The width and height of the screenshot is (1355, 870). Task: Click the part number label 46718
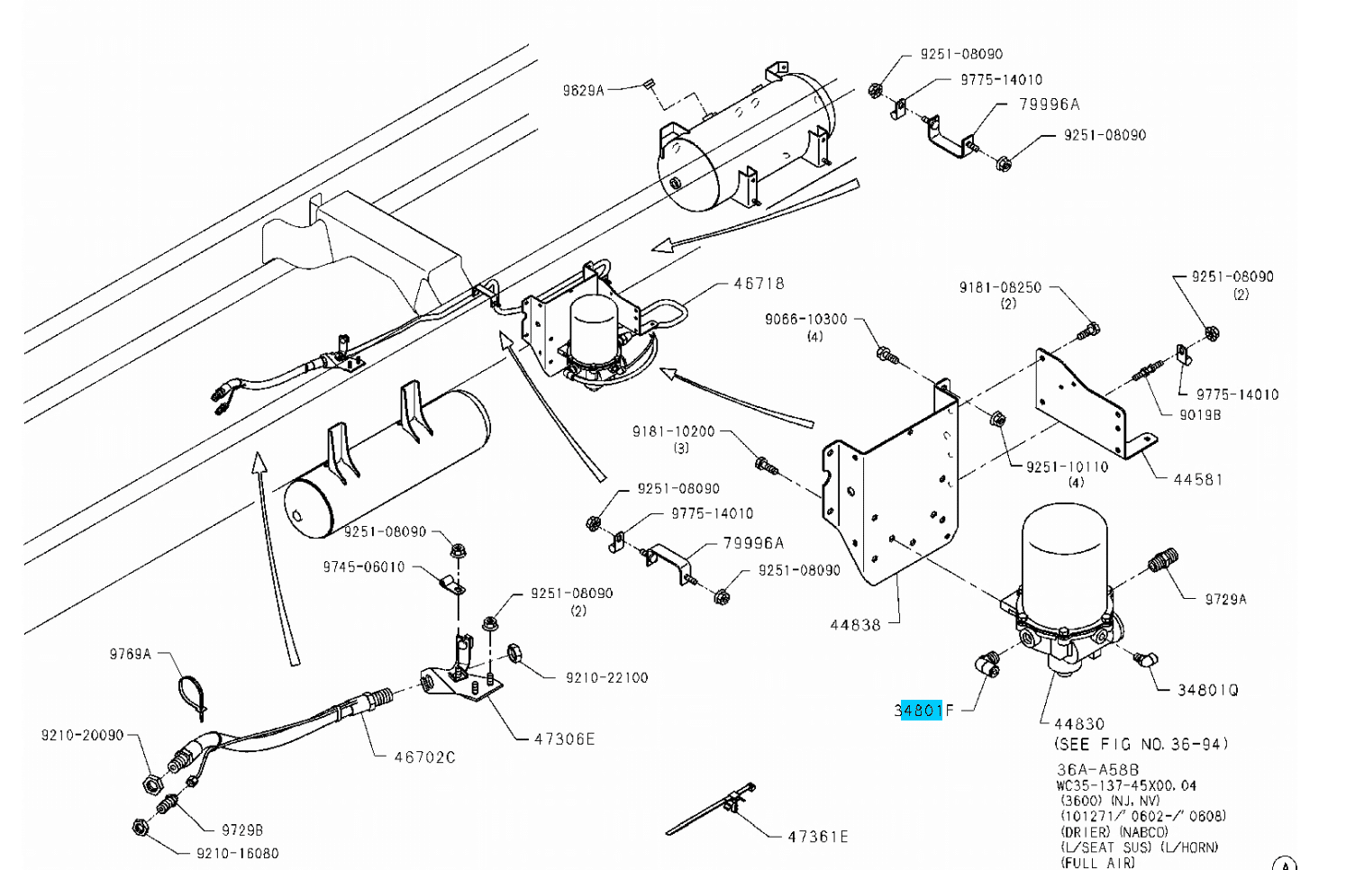coord(759,284)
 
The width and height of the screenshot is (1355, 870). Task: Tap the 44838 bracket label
coord(855,624)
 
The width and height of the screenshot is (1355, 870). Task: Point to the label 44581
coord(1198,479)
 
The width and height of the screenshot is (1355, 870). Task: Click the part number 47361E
coord(818,837)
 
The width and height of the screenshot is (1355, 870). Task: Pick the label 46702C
coord(424,757)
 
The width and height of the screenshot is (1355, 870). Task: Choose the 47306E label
coord(565,739)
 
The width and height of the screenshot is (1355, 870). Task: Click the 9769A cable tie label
coord(131,654)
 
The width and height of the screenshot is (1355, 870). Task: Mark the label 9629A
coord(583,90)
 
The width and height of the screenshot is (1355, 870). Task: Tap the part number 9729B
coord(242,830)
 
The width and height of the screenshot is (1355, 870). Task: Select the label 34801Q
coord(1208,690)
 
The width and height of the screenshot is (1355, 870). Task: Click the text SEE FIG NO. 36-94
coord(1141,744)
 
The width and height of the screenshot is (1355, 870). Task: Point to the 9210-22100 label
coord(606,677)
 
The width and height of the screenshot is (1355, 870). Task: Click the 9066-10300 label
coord(805,319)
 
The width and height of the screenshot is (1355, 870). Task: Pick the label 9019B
coord(1200,415)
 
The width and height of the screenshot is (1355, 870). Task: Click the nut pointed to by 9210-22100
coord(516,653)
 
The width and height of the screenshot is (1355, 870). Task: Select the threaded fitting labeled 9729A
coord(1163,561)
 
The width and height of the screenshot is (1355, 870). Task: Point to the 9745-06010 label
coord(364,566)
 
